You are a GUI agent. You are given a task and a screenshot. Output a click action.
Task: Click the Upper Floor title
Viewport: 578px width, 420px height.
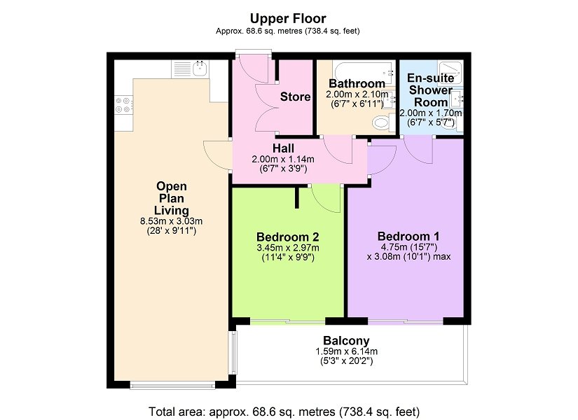[x=288, y=18]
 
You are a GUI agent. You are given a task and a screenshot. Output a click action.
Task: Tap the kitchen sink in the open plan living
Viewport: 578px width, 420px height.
[x=200, y=69]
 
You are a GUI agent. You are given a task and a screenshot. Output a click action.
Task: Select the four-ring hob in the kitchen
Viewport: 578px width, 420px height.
[x=123, y=104]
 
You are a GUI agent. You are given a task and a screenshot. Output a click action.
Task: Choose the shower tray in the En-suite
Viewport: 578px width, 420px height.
[x=450, y=71]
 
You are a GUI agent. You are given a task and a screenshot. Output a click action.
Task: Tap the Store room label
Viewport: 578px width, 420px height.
[x=295, y=97]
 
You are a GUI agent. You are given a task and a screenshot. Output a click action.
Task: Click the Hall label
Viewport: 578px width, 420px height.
[x=283, y=148]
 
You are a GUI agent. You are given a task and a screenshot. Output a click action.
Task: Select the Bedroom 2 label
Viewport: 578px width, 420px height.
[x=288, y=237]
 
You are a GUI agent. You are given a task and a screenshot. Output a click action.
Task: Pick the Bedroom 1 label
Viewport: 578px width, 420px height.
[x=408, y=236]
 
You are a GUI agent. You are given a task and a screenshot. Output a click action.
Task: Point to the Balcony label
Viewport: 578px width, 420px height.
[x=346, y=341]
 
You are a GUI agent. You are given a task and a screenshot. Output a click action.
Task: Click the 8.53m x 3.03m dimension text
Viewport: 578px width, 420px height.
[x=172, y=221]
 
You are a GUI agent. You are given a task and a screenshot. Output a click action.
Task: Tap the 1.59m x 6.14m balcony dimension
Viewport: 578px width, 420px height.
[x=347, y=352]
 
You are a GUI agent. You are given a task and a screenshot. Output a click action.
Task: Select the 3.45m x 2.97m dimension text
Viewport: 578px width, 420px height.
[x=288, y=248]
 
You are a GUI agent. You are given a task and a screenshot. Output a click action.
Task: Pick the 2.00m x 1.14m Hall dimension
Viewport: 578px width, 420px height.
[x=283, y=160]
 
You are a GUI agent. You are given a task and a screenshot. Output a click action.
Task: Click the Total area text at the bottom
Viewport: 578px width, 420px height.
[x=284, y=411]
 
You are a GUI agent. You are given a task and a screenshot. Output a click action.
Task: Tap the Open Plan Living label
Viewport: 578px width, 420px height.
[x=172, y=198]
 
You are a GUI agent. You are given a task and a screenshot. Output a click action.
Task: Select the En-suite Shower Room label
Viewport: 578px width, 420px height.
[x=431, y=90]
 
